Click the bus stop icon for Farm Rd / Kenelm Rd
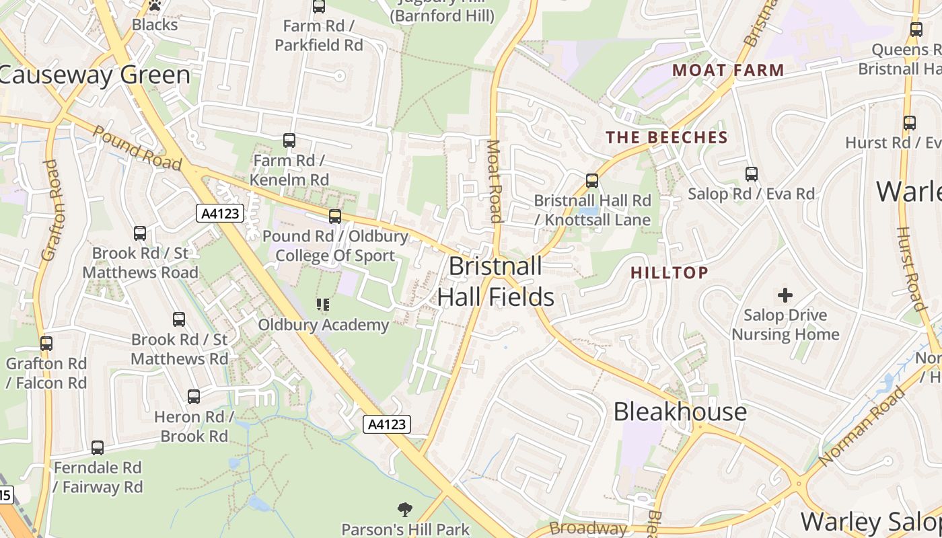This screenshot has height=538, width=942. tap(289, 141)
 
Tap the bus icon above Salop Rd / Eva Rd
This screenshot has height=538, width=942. tap(752, 174)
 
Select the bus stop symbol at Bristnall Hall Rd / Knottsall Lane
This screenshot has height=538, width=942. tap(592, 180)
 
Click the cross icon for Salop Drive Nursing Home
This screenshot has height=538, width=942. tap(785, 295)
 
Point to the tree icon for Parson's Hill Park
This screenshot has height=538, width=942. tap(405, 510)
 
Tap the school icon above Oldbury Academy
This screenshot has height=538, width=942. tap(323, 305)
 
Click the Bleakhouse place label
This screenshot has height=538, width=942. tap(680, 412)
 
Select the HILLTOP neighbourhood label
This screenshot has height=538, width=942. tap(669, 272)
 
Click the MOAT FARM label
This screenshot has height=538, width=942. tap(729, 70)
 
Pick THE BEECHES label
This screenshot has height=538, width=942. tap(667, 138)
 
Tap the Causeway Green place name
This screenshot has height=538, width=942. tap(94, 75)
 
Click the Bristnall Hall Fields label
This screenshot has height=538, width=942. tap(496, 281)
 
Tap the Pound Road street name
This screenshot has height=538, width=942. tap(138, 148)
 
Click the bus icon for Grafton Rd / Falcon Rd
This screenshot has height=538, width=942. tap(46, 344)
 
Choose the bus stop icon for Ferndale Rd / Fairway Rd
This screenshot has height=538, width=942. tap(98, 448)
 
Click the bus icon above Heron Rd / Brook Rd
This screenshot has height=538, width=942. tap(194, 397)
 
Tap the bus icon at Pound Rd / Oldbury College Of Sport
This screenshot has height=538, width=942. tap(335, 217)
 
